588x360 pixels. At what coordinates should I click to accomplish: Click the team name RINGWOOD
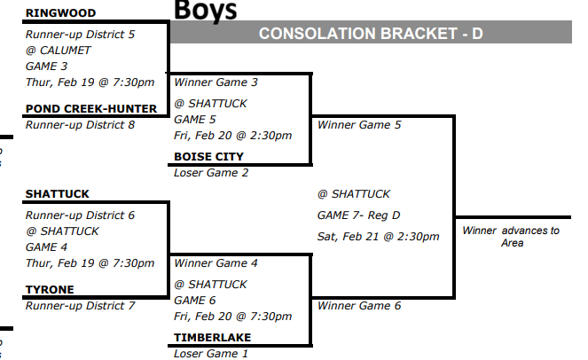[60, 13]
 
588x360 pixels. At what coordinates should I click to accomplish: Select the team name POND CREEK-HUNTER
[91, 109]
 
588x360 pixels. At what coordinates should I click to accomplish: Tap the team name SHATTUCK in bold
[58, 194]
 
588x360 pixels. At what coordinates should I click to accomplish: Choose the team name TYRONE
[50, 290]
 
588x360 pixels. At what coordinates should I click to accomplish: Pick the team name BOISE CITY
[208, 157]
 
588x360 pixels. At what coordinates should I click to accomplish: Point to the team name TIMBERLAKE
[213, 338]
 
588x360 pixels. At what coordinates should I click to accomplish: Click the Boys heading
[206, 11]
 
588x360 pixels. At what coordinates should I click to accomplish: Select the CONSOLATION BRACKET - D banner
[370, 34]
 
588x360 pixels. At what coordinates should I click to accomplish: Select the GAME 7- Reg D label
[360, 215]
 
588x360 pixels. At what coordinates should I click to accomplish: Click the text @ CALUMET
[59, 51]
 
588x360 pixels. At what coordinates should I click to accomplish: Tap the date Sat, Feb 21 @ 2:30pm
[378, 237]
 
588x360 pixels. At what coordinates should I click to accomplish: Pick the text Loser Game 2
[211, 173]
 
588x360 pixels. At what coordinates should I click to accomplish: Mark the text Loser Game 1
[211, 354]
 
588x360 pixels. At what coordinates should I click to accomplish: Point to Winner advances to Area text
[511, 237]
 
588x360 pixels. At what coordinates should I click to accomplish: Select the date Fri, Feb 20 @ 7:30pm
[233, 317]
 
